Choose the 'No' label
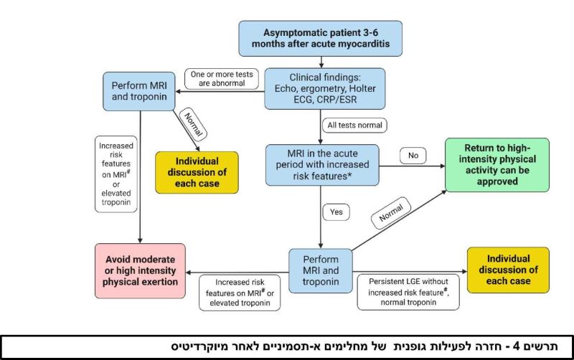click(x=414, y=155)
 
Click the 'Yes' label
click(x=336, y=213)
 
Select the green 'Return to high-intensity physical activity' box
click(x=497, y=165)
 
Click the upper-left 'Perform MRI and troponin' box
click(x=139, y=90)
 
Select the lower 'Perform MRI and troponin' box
click(x=321, y=271)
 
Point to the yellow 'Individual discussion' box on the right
click(x=507, y=270)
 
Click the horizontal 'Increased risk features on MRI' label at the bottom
click(x=239, y=293)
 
